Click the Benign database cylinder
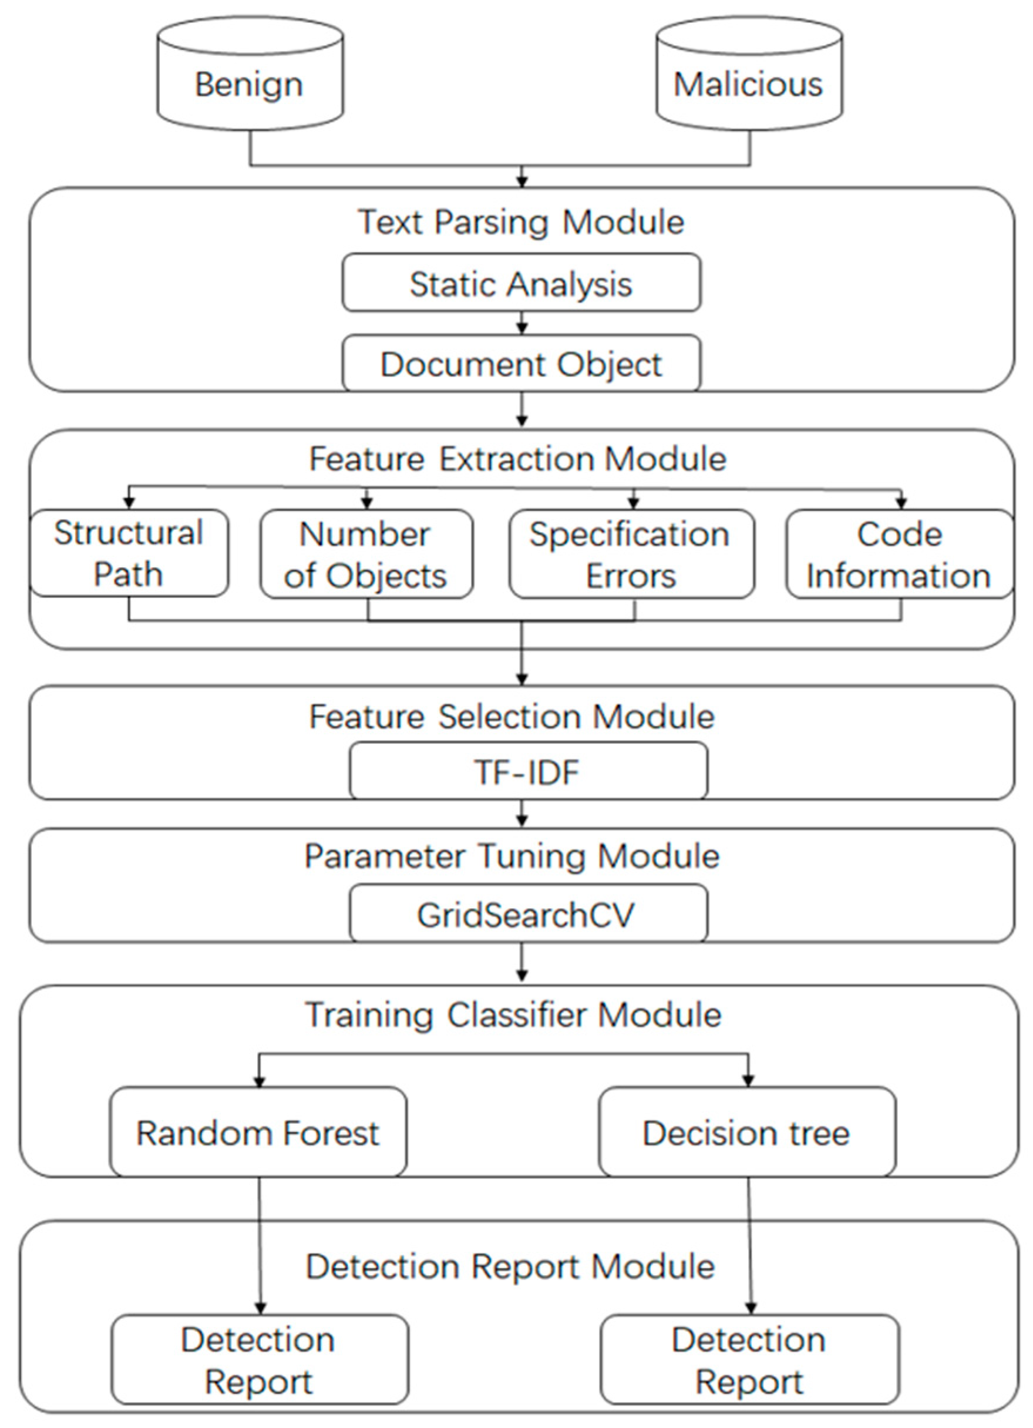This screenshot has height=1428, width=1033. point(250,76)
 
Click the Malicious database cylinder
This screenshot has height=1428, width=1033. point(749,76)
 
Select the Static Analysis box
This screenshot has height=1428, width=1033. point(521,283)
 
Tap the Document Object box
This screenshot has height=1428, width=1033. point(521,363)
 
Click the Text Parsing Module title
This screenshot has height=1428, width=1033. point(521,221)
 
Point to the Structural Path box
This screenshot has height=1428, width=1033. point(129,553)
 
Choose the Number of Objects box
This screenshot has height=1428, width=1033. point(366,554)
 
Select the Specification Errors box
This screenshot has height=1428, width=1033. point(631,554)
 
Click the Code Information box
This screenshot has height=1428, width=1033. point(899,554)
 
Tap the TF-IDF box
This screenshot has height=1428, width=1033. point(527,771)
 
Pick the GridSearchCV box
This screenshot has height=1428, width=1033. point(527,914)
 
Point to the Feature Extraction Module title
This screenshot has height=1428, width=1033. point(517,458)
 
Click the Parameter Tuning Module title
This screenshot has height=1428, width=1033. point(512,856)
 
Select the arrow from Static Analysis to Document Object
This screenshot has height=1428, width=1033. point(521,323)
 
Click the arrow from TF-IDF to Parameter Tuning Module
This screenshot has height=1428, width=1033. point(521,814)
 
